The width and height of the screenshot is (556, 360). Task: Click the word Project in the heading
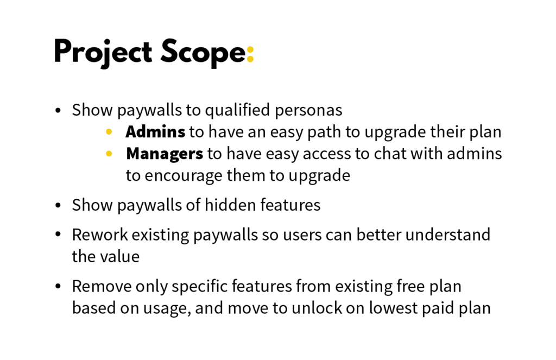click(x=103, y=53)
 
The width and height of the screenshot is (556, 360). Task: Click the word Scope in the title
click(x=203, y=53)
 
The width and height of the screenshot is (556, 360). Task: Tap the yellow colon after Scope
click(x=250, y=54)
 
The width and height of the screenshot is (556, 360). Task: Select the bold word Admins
click(x=155, y=132)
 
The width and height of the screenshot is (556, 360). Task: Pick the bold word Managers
click(x=164, y=154)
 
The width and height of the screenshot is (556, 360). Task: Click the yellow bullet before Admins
click(x=109, y=132)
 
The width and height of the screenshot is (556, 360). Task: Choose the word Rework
click(x=100, y=235)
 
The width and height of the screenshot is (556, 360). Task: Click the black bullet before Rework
click(x=58, y=235)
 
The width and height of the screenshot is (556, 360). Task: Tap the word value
click(x=122, y=256)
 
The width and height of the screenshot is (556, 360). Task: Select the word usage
click(x=166, y=308)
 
